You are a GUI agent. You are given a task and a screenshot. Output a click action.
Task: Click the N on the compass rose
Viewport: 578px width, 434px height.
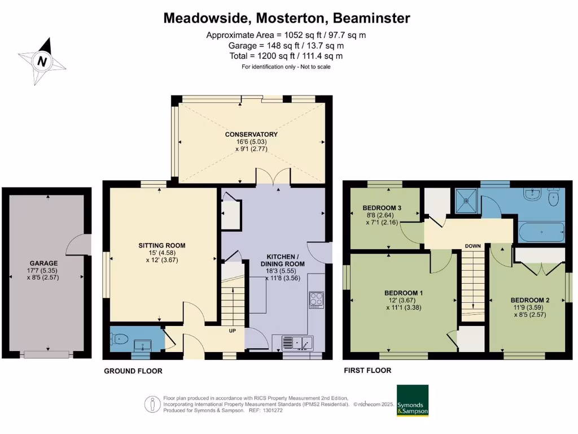pyautogui.click(x=42, y=61)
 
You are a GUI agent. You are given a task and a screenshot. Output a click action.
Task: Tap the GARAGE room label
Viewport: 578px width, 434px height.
pyautogui.click(x=43, y=263)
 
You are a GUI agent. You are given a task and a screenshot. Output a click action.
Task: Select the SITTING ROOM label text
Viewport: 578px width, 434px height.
pyautogui.click(x=162, y=245)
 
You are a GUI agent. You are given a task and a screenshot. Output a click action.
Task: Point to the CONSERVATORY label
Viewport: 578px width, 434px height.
pyautogui.click(x=251, y=134)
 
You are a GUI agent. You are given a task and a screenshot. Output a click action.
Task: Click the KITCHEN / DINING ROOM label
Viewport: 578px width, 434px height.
pyautogui.click(x=283, y=260)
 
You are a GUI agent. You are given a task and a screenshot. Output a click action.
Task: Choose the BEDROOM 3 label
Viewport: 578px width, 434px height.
pyautogui.click(x=382, y=208)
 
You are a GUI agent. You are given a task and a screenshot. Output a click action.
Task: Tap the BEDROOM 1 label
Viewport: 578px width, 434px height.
pyautogui.click(x=404, y=293)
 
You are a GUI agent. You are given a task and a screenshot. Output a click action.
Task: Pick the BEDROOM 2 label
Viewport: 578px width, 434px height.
pyautogui.click(x=530, y=300)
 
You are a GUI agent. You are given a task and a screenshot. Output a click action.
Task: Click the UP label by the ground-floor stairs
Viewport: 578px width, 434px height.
pyautogui.click(x=232, y=331)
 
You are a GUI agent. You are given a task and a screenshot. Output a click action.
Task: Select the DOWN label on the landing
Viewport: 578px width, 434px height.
pyautogui.click(x=473, y=246)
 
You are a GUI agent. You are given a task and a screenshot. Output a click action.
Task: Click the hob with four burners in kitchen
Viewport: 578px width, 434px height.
pyautogui.click(x=317, y=300)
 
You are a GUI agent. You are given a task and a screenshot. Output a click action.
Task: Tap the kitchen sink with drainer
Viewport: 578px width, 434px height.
pyautogui.click(x=297, y=343)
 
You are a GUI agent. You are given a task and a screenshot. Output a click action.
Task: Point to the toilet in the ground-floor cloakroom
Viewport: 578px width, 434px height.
pyautogui.click(x=120, y=338)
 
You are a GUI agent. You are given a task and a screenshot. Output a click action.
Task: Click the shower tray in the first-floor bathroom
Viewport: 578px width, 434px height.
pyautogui.click(x=466, y=201)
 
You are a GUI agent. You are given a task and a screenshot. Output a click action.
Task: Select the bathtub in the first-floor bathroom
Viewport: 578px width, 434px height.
pyautogui.click(x=541, y=232)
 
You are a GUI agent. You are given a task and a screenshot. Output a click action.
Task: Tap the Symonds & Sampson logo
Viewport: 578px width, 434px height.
pyautogui.click(x=413, y=401)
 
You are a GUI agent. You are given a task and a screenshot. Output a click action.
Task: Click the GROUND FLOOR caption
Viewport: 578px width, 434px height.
pyautogui.click(x=133, y=371)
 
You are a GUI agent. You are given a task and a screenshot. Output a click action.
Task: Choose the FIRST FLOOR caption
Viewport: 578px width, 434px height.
pyautogui.click(x=367, y=370)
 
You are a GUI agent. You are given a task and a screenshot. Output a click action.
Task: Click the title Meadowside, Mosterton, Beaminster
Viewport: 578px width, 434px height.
pyautogui.click(x=287, y=18)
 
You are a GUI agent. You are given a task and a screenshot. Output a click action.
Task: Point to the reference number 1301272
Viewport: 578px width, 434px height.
pyautogui.click(x=274, y=410)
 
